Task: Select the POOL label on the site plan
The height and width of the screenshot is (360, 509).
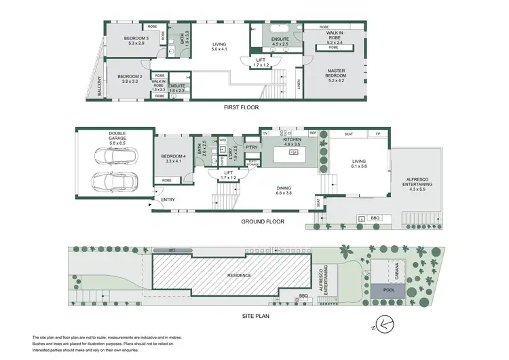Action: coord(388,290)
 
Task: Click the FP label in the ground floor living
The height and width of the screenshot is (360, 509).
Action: coord(378,134)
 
